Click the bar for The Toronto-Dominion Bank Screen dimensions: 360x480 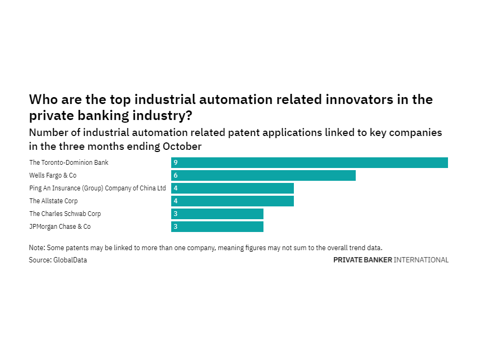(309, 163)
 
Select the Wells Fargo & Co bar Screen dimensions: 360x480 (263, 175)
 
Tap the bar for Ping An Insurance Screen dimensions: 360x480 (233, 188)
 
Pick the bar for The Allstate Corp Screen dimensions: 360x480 (233, 201)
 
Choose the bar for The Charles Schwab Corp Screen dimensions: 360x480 (217, 214)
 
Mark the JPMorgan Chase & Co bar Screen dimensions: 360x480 (217, 227)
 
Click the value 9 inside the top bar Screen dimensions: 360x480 (175, 163)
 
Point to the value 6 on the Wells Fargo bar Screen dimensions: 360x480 (175, 175)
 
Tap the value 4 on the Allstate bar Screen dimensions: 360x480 (175, 201)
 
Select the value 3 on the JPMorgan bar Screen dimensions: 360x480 (175, 227)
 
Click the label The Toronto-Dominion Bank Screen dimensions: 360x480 (69, 163)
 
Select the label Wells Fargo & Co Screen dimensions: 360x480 (53, 175)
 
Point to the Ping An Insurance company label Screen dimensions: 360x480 (98, 188)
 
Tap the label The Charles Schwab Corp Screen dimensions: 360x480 (65, 214)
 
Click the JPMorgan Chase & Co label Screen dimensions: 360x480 (60, 227)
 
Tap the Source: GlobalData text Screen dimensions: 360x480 (58, 260)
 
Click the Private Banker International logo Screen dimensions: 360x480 (390, 260)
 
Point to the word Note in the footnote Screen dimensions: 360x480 (37, 248)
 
